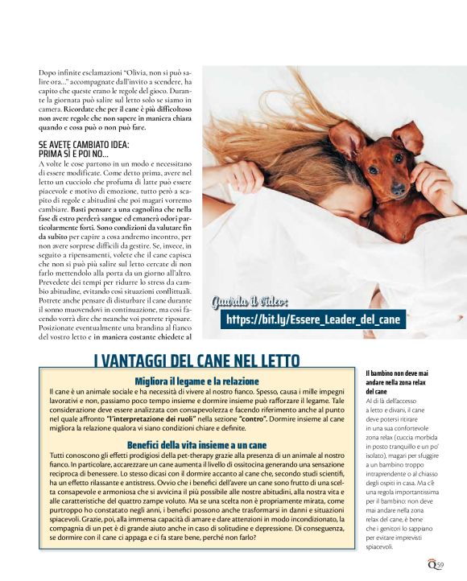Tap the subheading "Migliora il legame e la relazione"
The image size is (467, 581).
pyautogui.click(x=196, y=381)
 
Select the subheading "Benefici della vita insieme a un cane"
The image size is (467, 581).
pyautogui.click(x=196, y=444)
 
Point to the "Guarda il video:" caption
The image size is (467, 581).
pyautogui.click(x=249, y=302)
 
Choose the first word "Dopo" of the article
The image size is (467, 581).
pyautogui.click(x=48, y=73)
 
